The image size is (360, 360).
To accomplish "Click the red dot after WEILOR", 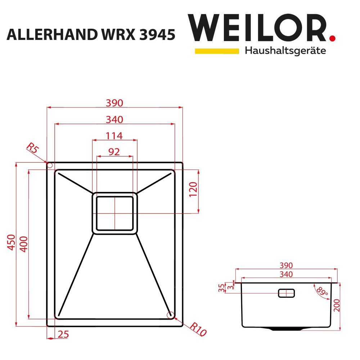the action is [332, 38].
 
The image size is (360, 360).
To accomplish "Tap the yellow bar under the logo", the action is [217, 51].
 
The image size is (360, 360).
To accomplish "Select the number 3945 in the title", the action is [157, 35].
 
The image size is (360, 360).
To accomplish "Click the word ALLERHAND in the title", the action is [52, 35].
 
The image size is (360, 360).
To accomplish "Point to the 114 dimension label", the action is [114, 136].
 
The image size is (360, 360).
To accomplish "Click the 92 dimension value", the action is [114, 152].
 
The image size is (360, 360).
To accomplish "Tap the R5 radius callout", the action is [33, 148].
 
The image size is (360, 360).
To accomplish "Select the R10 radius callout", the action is [198, 329].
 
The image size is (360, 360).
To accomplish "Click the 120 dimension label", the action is [193, 189].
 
